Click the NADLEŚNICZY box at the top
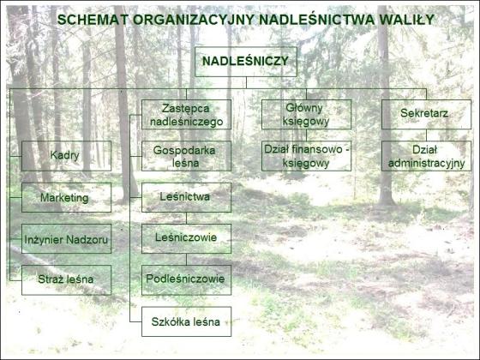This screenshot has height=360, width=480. pyautogui.click(x=246, y=62)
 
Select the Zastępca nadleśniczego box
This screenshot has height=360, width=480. pyautogui.click(x=187, y=115)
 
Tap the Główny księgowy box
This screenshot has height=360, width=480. pyautogui.click(x=307, y=115)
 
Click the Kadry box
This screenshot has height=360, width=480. pyautogui.click(x=67, y=156)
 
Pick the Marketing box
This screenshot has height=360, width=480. pyautogui.click(x=67, y=197)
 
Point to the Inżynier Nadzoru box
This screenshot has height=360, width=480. pyautogui.click(x=67, y=239)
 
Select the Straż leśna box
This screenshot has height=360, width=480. pyautogui.click(x=67, y=280)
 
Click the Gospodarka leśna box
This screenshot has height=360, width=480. pyautogui.click(x=187, y=156)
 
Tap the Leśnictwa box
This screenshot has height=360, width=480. pyautogui.click(x=187, y=197)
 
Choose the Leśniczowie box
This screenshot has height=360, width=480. pyautogui.click(x=187, y=239)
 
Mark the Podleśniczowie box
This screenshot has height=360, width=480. pyautogui.click(x=187, y=280)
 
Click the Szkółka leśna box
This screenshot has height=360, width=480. pyautogui.click(x=187, y=321)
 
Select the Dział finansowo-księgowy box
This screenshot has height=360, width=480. pyautogui.click(x=307, y=156)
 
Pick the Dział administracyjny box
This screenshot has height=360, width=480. pyautogui.click(x=427, y=156)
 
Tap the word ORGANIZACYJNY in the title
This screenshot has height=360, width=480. pyautogui.click(x=194, y=20)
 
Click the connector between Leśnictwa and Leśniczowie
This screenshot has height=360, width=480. pyautogui.click(x=187, y=219)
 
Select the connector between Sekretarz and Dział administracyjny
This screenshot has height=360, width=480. pyautogui.click(x=427, y=135)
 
